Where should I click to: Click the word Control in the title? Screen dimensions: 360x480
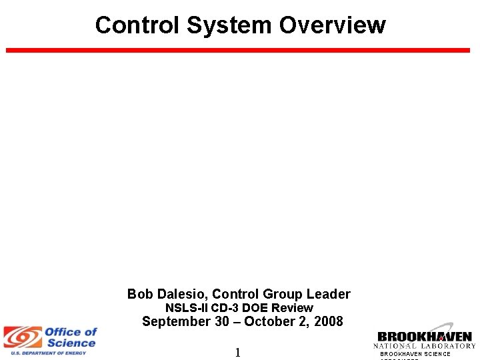(x=137, y=25)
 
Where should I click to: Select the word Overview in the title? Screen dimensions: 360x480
(x=332, y=25)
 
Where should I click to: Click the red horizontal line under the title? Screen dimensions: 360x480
(x=238, y=50)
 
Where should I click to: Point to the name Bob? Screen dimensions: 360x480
(x=140, y=294)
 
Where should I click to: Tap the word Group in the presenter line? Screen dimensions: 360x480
(x=281, y=294)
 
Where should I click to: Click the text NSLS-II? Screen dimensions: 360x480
(x=187, y=308)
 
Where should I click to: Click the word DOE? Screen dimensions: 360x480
(x=255, y=308)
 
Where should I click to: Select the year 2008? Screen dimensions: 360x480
(x=327, y=322)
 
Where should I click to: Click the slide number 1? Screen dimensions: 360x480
(x=237, y=353)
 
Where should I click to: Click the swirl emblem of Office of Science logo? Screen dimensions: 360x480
(x=22, y=337)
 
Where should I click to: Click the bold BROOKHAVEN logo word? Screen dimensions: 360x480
(x=425, y=337)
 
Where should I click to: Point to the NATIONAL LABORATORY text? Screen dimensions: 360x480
(x=425, y=346)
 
